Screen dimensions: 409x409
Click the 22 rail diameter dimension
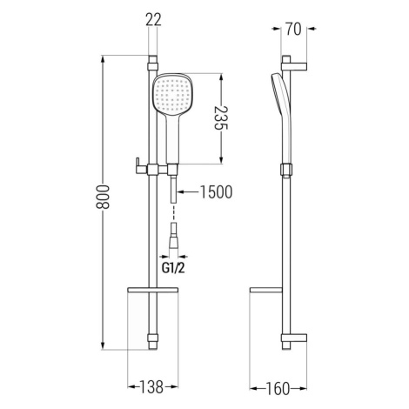153,20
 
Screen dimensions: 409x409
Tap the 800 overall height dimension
103,197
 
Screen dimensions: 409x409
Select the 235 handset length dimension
221,118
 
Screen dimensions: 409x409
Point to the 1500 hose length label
217,192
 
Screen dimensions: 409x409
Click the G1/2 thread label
173,268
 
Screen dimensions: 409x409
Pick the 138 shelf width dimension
151,386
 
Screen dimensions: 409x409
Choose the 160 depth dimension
278,389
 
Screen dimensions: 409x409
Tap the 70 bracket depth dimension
293,29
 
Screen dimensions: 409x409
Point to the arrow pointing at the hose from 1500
188,191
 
